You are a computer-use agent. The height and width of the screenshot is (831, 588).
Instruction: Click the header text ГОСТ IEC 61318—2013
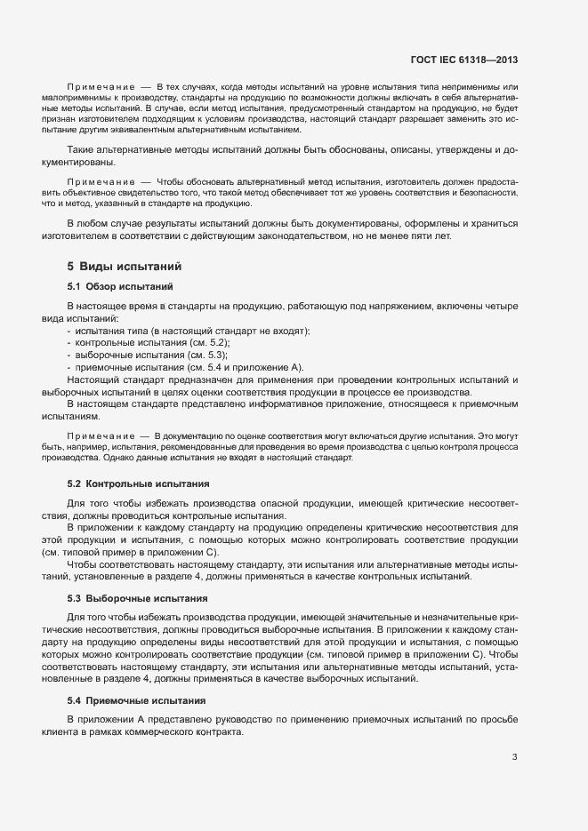tap(463, 60)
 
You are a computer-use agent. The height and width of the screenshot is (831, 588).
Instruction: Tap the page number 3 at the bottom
tap(514, 757)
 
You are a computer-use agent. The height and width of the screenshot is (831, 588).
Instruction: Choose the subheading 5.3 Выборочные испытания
tap(137, 598)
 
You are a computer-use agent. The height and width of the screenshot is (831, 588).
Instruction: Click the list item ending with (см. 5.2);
tap(141, 342)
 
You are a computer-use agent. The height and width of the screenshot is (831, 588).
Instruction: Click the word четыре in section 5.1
tap(502, 306)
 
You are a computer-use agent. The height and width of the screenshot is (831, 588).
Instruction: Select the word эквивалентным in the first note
tap(167, 131)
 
